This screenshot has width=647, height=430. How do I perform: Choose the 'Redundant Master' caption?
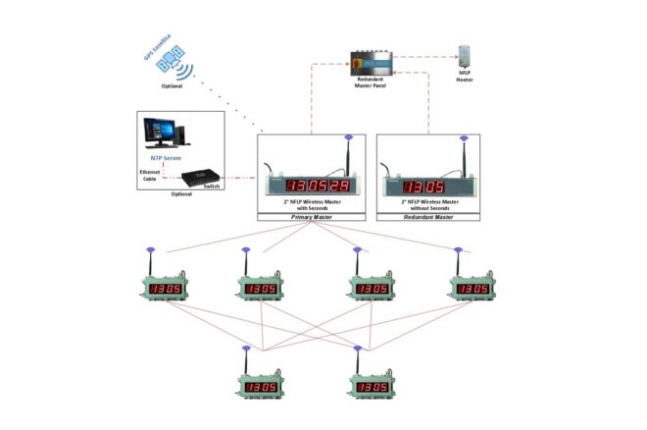coord(427,216)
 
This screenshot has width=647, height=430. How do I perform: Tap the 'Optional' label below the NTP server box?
coord(181,194)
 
